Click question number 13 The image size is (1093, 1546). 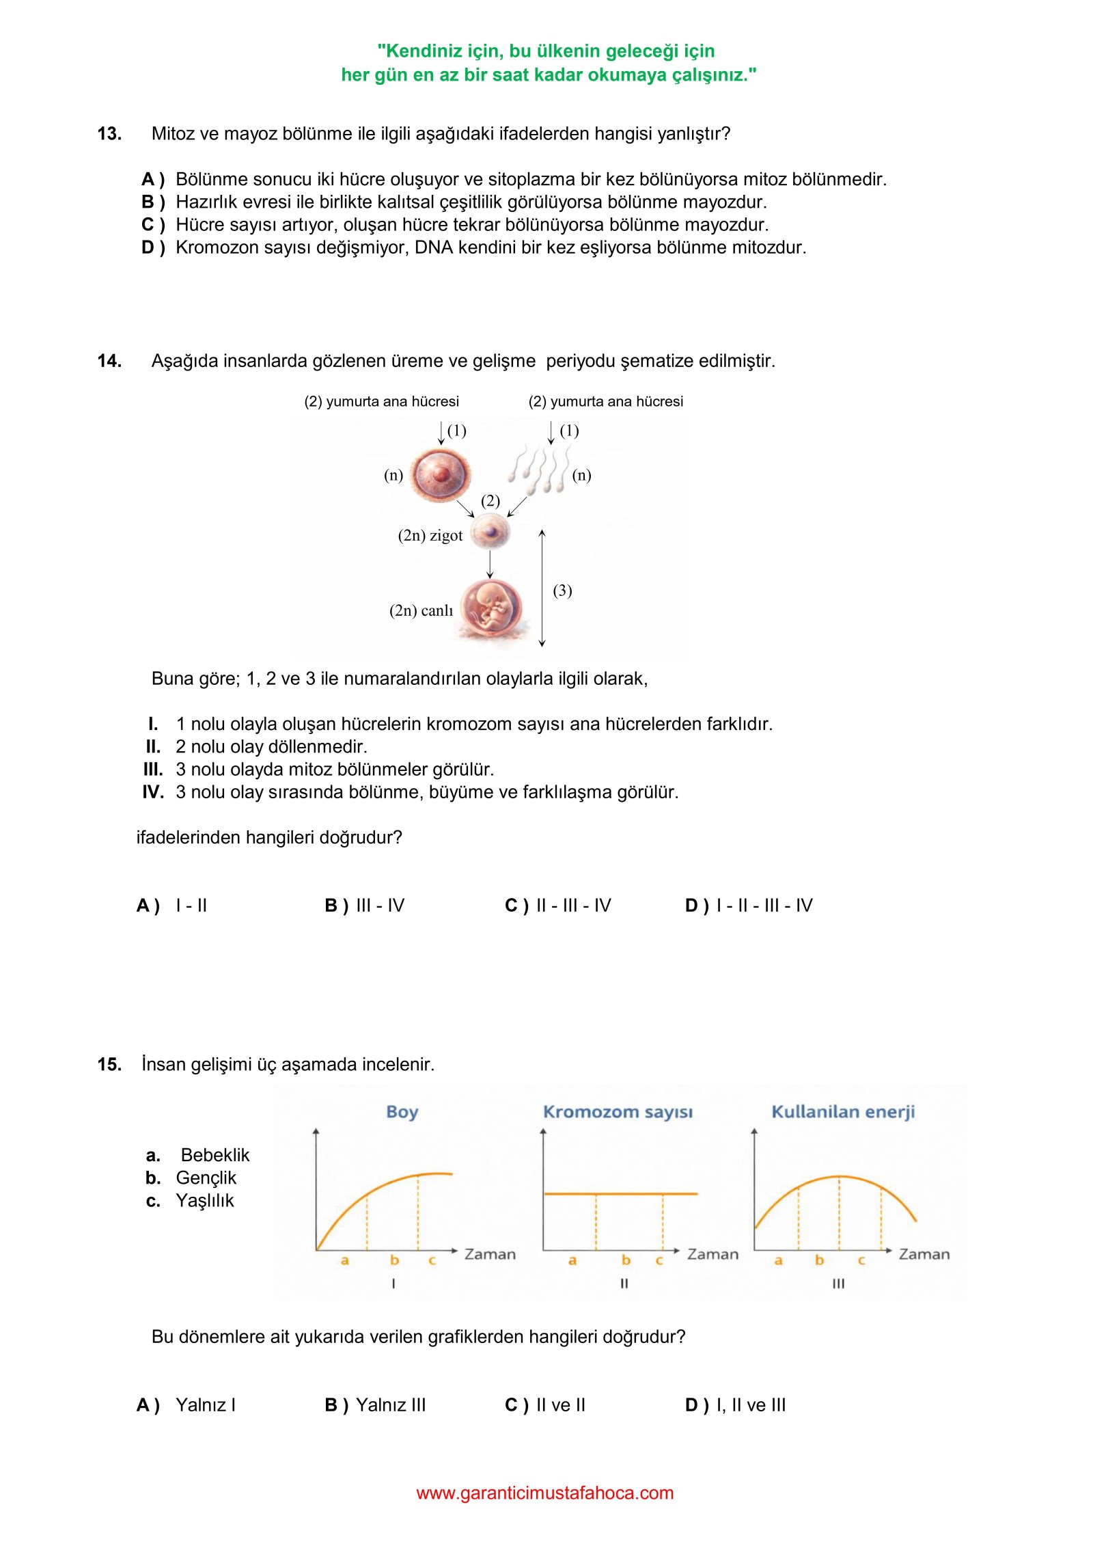pos(109,134)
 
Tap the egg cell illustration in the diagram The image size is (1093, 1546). pos(440,474)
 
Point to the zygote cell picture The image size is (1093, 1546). pos(490,532)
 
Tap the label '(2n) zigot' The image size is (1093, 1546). pos(430,536)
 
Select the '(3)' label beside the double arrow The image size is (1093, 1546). pos(562,591)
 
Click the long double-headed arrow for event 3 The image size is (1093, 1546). pos(542,588)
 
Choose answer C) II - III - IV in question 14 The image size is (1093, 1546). pos(558,906)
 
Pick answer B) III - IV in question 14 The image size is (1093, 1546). pos(365,906)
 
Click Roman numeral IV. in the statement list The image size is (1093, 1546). pos(153,792)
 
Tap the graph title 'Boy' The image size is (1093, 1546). pos(402,1112)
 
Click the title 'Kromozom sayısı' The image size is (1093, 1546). pos(618,1112)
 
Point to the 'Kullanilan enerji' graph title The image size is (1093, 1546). pos(843,1112)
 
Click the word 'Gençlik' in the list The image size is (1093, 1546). pos(206,1178)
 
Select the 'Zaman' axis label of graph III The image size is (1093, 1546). pos(924,1254)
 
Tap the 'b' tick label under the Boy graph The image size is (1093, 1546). pos(394,1260)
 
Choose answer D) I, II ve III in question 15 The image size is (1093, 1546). pos(736,1405)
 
